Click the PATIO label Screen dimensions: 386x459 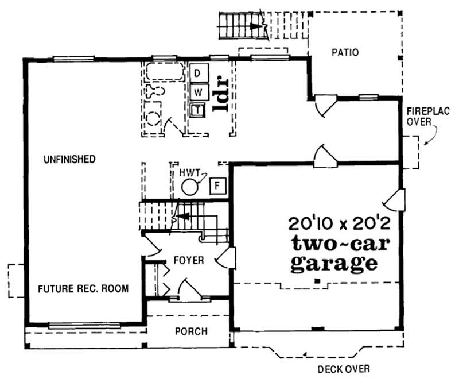(x=345, y=53)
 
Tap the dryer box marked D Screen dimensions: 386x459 (x=198, y=74)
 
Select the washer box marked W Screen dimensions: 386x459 (x=198, y=92)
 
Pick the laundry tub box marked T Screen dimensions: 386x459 (x=198, y=109)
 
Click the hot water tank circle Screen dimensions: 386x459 (x=190, y=187)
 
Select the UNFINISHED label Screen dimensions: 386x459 (x=69, y=159)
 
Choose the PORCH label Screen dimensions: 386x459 (x=191, y=331)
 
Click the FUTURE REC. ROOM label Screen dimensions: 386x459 (x=83, y=288)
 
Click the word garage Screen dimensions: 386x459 (x=334, y=265)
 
